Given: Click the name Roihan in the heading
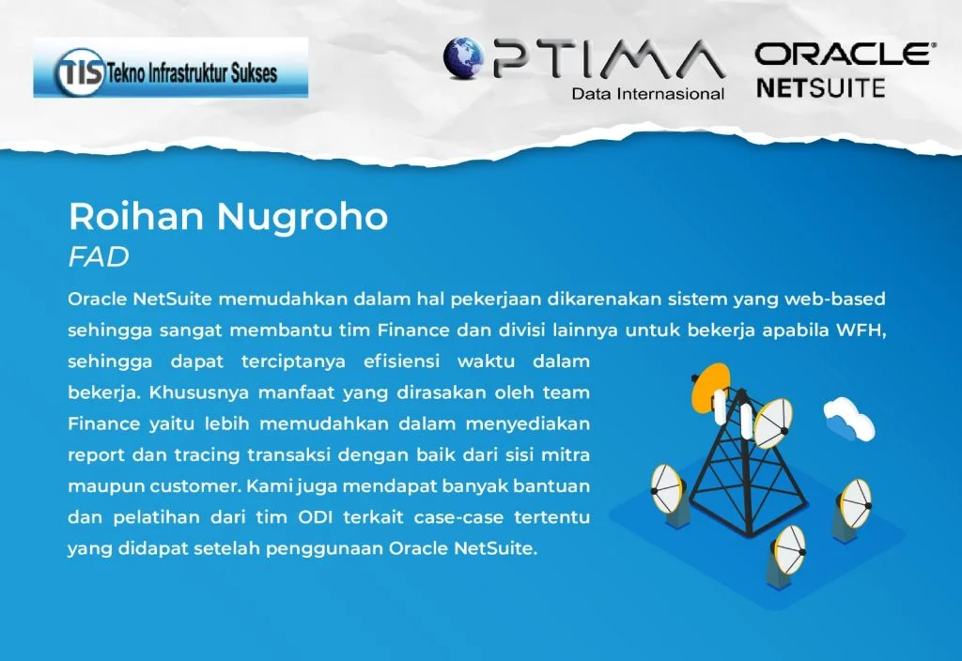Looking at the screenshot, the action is [x=135, y=217].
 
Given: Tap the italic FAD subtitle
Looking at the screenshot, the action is [x=99, y=257].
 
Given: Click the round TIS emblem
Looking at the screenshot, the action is [x=80, y=72].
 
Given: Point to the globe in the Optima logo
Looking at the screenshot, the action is [x=464, y=57].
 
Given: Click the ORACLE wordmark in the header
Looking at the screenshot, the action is [x=845, y=54].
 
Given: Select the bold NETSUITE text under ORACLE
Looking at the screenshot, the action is [x=821, y=88].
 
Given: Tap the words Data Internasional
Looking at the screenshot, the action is [x=648, y=94].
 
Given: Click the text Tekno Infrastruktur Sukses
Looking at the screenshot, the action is [x=192, y=73].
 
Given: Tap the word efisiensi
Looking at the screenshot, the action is [x=401, y=361].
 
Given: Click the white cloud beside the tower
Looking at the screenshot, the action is [x=849, y=418].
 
